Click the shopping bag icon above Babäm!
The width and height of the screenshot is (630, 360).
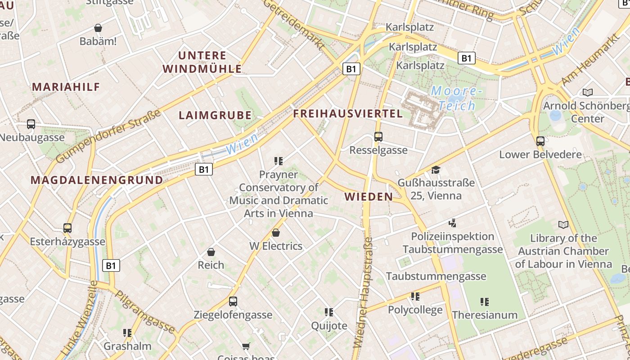(x=98, y=28)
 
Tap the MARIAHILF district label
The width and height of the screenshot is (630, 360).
(x=66, y=87)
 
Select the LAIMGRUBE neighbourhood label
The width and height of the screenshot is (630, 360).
(x=215, y=115)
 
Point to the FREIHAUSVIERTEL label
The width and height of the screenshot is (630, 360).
(x=348, y=114)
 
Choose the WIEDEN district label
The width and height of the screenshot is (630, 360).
(x=369, y=197)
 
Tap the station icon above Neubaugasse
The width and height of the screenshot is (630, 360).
(x=31, y=124)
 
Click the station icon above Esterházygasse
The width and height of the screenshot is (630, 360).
(x=67, y=228)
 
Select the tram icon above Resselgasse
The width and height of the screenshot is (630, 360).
(x=378, y=136)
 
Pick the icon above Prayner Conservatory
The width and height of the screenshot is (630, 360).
(x=278, y=161)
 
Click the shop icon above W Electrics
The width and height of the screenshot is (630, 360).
(x=276, y=233)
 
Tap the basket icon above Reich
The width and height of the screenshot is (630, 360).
(x=211, y=252)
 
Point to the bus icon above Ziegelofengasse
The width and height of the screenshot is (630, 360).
(x=233, y=301)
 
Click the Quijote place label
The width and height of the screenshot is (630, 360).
(x=329, y=326)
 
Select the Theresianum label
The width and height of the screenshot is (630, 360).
(x=485, y=315)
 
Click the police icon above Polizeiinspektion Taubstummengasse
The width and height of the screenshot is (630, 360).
(x=452, y=223)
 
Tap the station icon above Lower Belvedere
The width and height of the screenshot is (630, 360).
(x=540, y=141)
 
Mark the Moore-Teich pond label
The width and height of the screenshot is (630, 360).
(x=457, y=99)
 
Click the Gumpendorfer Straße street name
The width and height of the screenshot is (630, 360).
(x=108, y=136)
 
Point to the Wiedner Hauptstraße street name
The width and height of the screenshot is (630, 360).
(x=364, y=292)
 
